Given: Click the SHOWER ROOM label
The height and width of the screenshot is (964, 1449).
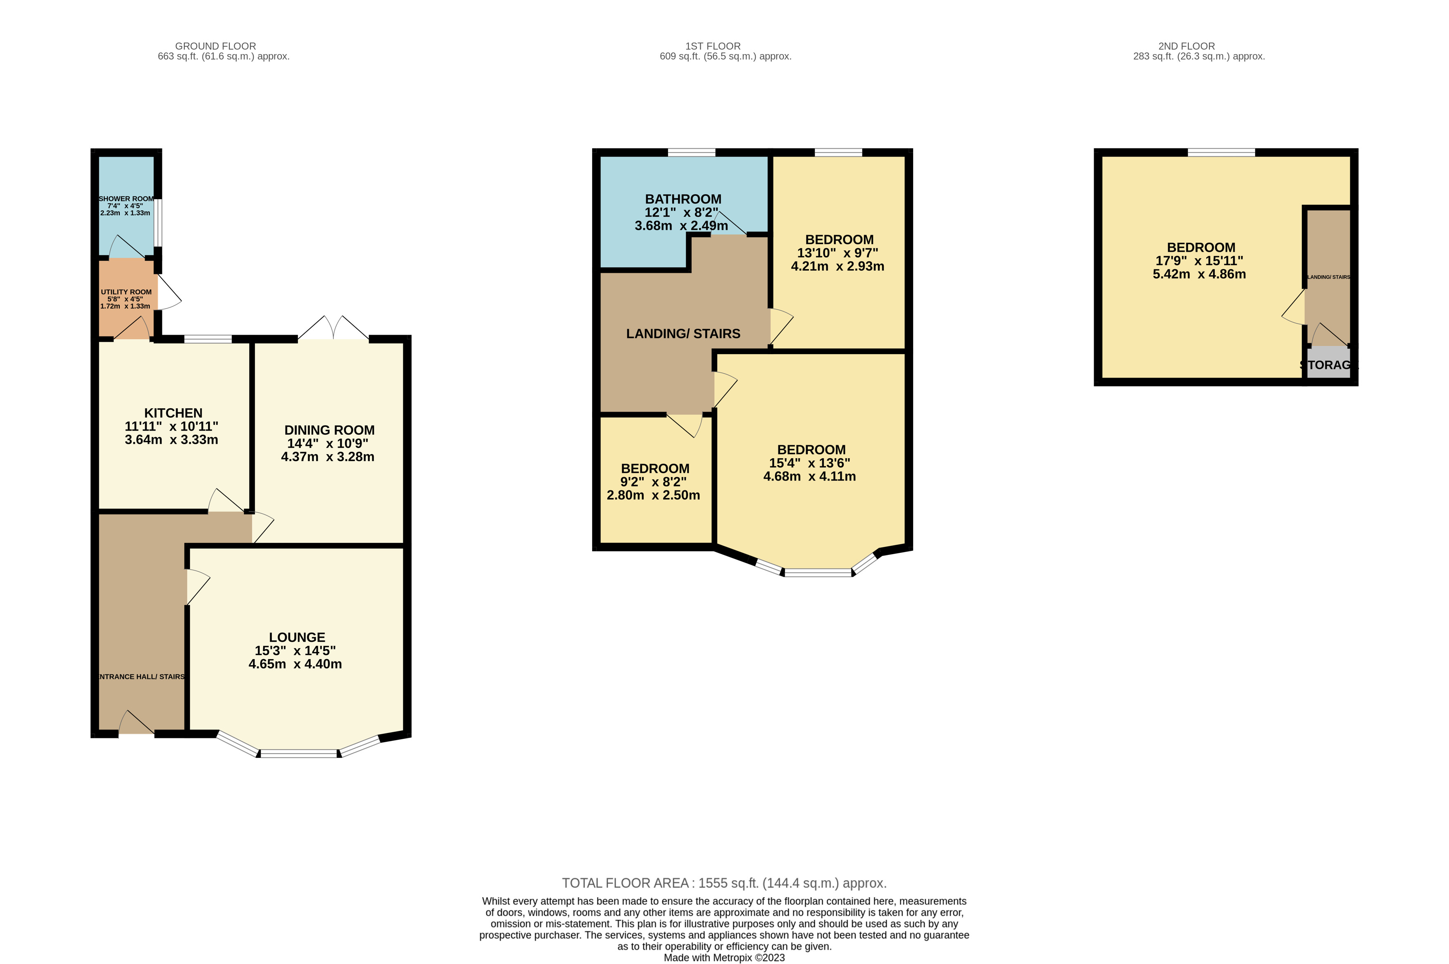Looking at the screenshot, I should point(126,199).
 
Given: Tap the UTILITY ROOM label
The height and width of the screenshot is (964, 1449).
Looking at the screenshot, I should point(126,292).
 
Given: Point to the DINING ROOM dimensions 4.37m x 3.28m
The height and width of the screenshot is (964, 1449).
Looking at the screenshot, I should point(327,457).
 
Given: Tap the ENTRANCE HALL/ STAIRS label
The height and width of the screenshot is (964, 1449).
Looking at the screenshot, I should point(141,676).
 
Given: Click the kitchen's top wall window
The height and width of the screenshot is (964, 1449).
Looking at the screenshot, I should point(208,339).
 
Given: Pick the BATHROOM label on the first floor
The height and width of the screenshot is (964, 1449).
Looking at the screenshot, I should point(683,199).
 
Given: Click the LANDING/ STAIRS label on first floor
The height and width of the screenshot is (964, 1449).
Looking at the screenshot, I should point(683,334).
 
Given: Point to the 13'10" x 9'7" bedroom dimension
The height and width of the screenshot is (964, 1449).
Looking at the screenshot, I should point(838,253).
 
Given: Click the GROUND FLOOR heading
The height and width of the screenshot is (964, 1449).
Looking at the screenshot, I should point(215,46).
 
